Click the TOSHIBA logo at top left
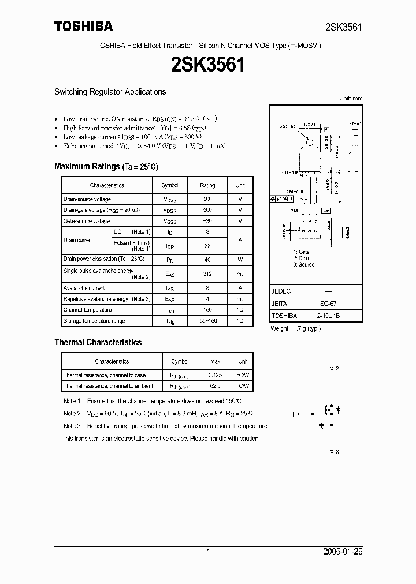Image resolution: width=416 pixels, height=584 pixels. tap(83, 26)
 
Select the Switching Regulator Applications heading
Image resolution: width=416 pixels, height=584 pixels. tap(110, 92)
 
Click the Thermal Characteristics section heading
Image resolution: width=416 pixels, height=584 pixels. tap(98, 342)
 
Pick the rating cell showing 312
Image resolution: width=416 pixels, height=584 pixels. tap(207, 274)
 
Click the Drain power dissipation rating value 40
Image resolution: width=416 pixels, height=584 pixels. tap(207, 259)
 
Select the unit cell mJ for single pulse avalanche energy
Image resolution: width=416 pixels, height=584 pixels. tap(240, 274)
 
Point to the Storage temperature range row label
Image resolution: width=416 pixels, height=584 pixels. tap(94, 320)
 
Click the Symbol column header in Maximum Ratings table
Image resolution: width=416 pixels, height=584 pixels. tap(170, 185)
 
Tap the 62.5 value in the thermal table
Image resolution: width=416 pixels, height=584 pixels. tap(215, 386)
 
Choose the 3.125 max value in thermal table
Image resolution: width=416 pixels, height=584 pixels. tap(215, 375)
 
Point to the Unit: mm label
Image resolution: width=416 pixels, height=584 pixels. tap(350, 99)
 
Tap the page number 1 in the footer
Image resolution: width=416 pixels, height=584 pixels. tap(208, 552)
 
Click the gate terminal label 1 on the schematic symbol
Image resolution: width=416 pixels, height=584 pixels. tap(294, 413)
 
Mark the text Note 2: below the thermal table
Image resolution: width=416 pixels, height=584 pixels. tap(72, 413)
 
